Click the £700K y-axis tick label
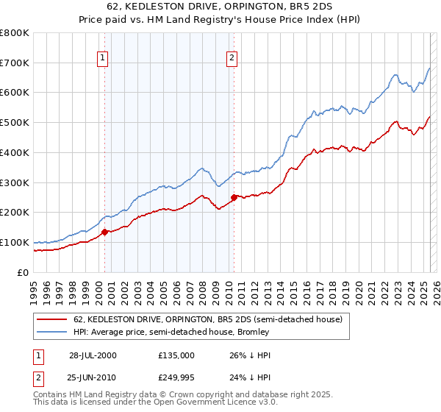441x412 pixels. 15,63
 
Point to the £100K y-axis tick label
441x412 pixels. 15,242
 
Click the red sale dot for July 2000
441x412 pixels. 104,232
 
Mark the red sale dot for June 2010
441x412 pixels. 234,197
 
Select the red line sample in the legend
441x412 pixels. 51,320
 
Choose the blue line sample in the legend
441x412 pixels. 51,333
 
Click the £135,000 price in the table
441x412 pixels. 176,355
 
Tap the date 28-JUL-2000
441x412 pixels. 93,355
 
